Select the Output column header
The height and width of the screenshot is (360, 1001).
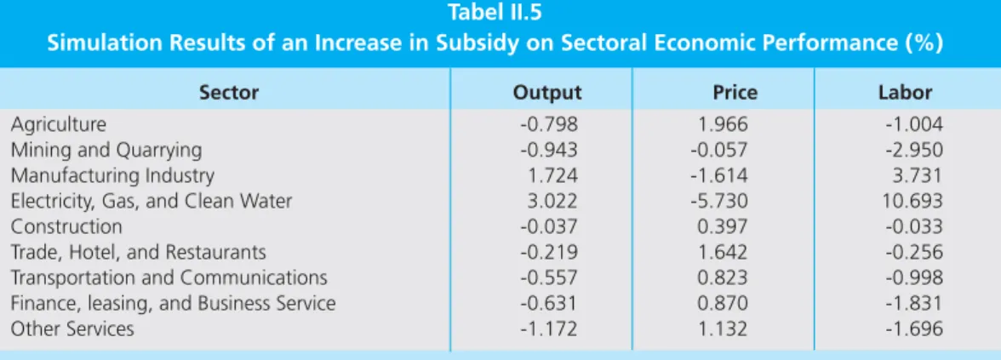(x=548, y=93)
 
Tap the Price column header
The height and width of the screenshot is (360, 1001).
(x=735, y=93)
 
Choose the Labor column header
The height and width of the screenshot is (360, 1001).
(x=906, y=93)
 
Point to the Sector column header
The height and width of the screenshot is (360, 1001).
(x=229, y=93)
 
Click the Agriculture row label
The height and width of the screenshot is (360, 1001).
(x=59, y=124)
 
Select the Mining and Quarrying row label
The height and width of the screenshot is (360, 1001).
(x=106, y=150)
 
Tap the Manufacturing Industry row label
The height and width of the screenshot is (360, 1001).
(x=113, y=175)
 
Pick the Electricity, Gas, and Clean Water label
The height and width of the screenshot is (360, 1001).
(x=152, y=201)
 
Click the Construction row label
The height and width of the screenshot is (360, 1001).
(x=66, y=226)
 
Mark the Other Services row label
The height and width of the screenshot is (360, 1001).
(x=73, y=329)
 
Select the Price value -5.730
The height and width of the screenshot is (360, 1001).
(x=718, y=201)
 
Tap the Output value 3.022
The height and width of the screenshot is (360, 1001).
(x=552, y=201)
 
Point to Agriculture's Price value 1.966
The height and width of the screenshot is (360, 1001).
(x=724, y=124)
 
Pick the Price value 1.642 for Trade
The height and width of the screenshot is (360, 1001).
(x=724, y=252)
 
